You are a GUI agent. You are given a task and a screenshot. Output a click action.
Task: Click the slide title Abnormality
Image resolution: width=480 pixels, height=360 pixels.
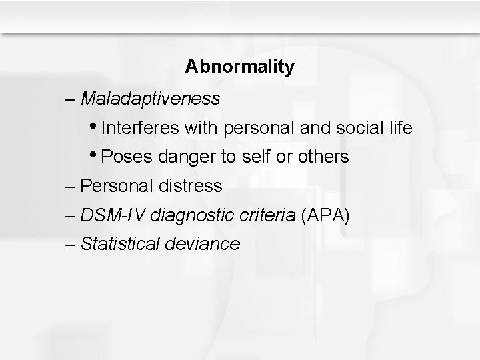click(239, 67)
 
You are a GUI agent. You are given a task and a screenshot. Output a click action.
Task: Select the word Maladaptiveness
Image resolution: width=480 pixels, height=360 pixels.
click(150, 99)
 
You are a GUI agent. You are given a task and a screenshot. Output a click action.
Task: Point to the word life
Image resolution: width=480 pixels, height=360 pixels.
click(400, 127)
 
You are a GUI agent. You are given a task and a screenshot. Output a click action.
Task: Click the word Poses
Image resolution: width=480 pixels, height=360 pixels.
click(126, 157)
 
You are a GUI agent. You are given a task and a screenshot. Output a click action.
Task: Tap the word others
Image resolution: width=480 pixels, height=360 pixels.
click(323, 157)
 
